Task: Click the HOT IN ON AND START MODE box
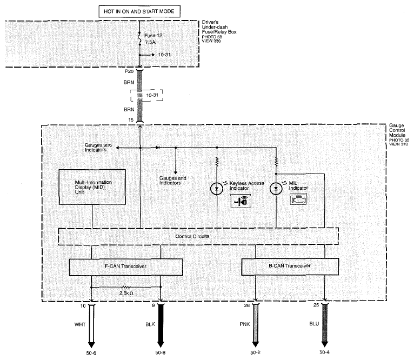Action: [139, 11]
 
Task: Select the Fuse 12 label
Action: [153, 35]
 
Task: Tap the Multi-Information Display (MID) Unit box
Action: [92, 187]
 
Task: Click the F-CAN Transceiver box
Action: [126, 267]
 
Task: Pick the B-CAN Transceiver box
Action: [290, 266]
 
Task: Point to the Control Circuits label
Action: [192, 236]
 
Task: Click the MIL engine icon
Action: [299, 199]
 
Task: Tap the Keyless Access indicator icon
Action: [241, 201]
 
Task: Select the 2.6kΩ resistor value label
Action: [126, 293]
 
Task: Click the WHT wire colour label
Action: [80, 324]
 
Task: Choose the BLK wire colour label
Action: [150, 324]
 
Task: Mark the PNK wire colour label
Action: [245, 324]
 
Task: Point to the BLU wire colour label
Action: [314, 324]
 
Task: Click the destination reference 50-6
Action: [91, 353]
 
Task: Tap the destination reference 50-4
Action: [324, 352]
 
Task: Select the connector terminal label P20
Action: [129, 71]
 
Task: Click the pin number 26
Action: [247, 305]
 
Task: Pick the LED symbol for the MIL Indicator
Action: [276, 189]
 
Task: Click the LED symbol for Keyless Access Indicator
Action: [217, 189]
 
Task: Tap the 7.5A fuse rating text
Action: [150, 42]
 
